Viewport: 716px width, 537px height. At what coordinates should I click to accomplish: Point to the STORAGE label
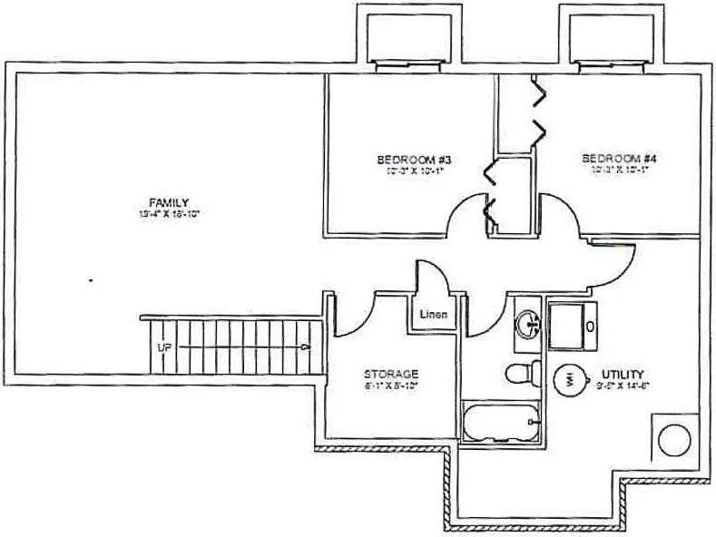(390, 374)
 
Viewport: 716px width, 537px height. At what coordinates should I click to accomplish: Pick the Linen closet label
(433, 315)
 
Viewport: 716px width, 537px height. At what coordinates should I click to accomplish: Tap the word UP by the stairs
(164, 347)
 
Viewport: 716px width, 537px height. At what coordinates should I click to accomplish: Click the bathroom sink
(528, 322)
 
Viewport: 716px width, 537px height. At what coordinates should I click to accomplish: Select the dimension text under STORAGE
(390, 386)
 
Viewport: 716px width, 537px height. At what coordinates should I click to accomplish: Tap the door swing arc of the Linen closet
(429, 274)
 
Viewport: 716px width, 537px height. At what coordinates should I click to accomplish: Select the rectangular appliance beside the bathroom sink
(574, 324)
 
